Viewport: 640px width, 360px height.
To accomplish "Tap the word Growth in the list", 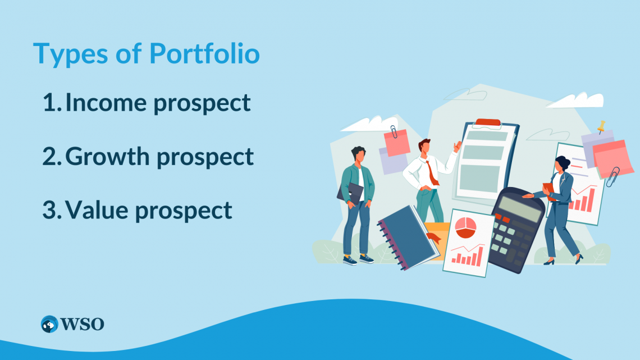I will pyautogui.click(x=109, y=157).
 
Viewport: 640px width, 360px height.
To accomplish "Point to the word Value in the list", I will pyautogui.click(x=97, y=210).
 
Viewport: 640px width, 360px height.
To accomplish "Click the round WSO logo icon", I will pyautogui.click(x=50, y=324).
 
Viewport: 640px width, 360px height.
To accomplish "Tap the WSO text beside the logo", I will pyautogui.click(x=83, y=324).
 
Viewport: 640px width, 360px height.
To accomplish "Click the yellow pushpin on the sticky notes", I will pyautogui.click(x=602, y=126).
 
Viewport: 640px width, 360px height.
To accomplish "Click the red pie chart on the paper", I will pyautogui.click(x=465, y=227).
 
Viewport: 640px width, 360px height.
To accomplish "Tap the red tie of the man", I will pyautogui.click(x=433, y=174).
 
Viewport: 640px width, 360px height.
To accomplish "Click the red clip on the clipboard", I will pyautogui.click(x=487, y=122).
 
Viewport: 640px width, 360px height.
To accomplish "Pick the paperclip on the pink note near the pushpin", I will pyautogui.click(x=613, y=176).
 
